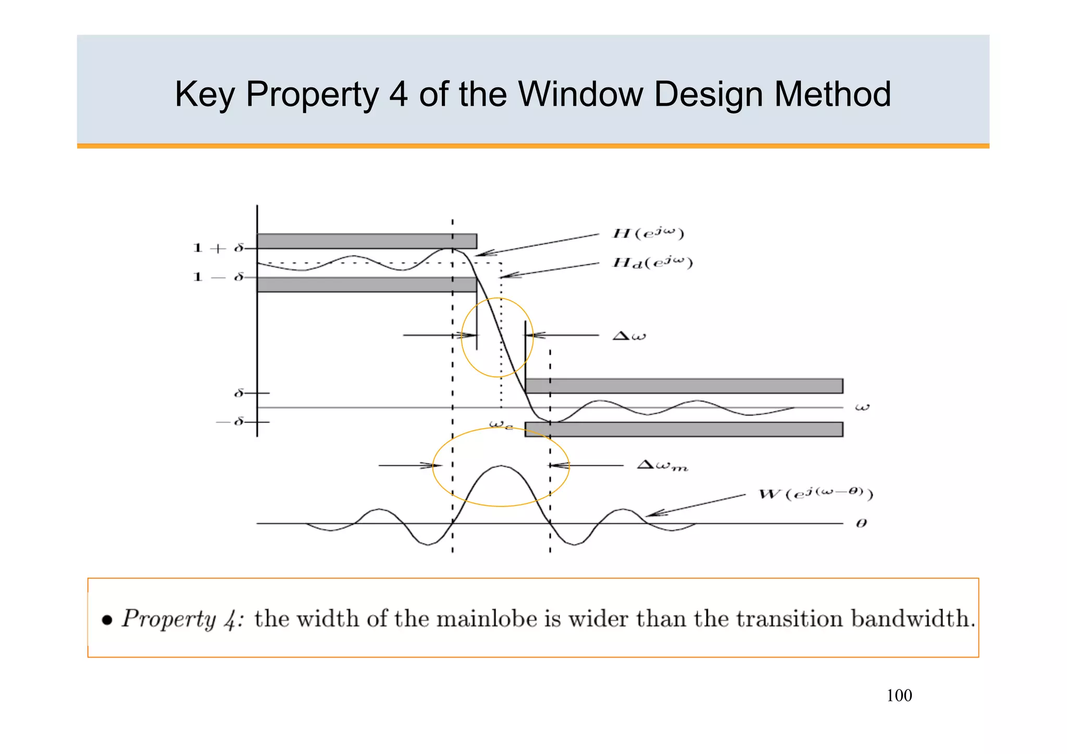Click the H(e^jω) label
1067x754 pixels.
[648, 233]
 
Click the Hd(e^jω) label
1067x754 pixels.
[652, 263]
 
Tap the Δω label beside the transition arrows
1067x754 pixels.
[629, 336]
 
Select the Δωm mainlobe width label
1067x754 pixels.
[662, 465]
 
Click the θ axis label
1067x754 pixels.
[861, 523]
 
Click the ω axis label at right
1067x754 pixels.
[862, 407]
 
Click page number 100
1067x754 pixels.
[899, 696]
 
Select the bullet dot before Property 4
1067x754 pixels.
[107, 620]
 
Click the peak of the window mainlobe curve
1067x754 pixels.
[501, 466]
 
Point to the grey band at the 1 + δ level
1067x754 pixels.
[367, 241]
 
